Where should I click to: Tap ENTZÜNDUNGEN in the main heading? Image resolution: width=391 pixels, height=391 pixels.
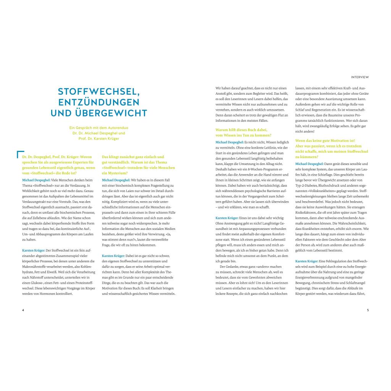(99, 102)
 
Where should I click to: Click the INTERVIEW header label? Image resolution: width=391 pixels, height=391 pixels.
(360, 77)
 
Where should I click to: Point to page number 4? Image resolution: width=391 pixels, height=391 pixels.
(23, 310)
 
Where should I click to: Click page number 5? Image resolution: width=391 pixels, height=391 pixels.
(368, 310)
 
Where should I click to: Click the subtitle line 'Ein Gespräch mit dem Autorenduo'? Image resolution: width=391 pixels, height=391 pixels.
(99, 128)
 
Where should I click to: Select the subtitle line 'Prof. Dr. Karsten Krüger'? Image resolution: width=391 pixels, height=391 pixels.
(99, 139)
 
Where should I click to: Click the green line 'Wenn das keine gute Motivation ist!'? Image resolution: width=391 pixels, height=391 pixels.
(325, 141)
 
